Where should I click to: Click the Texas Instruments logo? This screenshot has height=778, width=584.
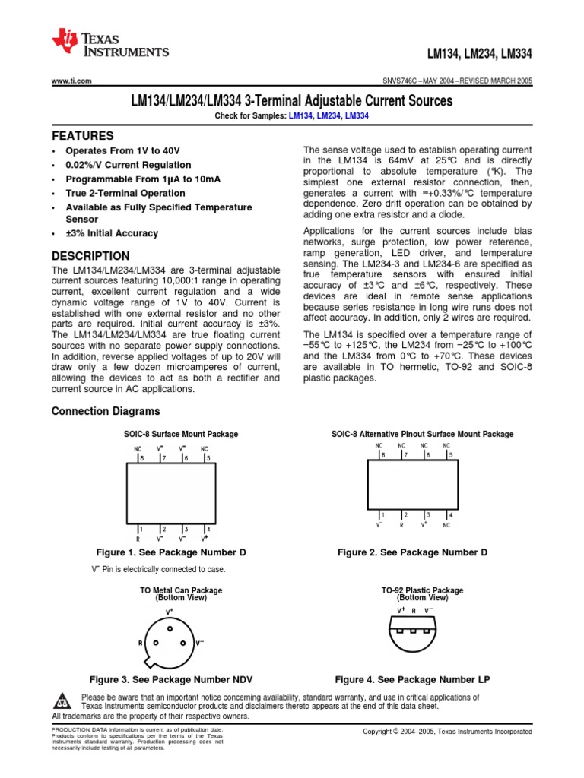(109, 44)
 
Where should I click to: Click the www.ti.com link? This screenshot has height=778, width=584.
(71, 81)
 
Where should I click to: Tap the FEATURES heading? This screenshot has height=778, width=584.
(82, 135)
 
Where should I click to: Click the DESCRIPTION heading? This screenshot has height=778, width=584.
(90, 256)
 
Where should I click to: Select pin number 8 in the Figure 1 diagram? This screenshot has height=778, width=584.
(141, 459)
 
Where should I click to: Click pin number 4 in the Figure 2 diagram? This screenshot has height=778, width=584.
(450, 514)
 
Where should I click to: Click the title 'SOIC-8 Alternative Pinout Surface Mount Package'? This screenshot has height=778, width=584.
(422, 434)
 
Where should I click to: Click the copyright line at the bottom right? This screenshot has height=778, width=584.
(447, 731)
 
